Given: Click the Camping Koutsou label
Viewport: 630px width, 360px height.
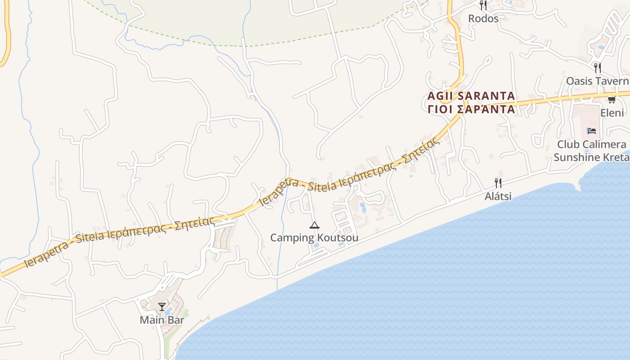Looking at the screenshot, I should click(314, 238).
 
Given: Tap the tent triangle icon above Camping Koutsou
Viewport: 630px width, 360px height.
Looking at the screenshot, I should click(314, 225).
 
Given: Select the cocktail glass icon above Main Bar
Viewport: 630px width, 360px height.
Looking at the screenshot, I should click(162, 307).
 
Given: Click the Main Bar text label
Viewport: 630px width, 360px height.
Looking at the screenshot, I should click(162, 320).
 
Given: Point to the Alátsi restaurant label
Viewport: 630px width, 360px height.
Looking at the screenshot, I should click(498, 196).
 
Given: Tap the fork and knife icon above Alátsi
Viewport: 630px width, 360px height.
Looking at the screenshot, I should click(498, 183).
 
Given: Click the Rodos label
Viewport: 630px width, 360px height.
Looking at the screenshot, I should click(483, 18).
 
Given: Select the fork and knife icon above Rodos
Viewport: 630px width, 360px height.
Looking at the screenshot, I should click(483, 5).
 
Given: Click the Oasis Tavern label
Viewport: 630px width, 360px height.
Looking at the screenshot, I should click(598, 81).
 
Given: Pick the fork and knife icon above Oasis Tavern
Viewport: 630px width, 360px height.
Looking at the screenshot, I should click(598, 68).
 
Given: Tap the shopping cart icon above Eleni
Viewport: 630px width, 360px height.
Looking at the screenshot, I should click(612, 99).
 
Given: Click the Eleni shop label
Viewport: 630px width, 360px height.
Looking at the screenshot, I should click(612, 112).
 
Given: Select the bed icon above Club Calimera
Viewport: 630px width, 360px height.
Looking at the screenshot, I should click(592, 131).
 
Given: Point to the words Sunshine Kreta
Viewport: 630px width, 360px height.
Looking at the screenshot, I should click(591, 157).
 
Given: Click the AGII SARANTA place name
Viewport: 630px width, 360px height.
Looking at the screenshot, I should click(471, 96).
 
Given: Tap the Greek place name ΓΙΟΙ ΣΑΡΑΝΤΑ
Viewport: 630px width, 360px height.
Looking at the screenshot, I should click(471, 109).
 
